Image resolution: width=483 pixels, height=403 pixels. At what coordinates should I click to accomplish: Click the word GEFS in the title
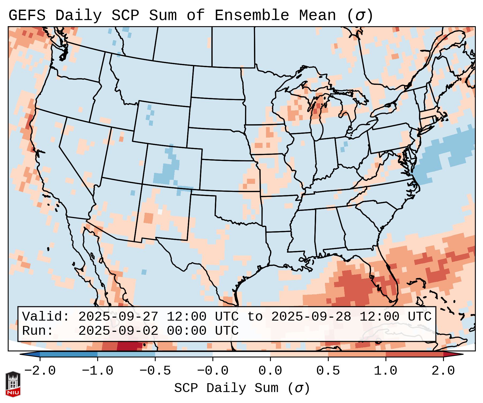27,15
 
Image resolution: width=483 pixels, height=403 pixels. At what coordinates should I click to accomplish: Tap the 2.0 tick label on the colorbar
443,371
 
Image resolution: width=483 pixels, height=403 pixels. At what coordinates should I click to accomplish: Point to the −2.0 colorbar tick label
40,371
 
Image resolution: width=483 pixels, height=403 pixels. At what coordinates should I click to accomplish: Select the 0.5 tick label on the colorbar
328,371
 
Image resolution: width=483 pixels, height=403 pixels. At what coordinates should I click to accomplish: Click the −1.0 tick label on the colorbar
98,371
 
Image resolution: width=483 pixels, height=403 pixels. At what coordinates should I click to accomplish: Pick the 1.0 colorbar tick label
385,371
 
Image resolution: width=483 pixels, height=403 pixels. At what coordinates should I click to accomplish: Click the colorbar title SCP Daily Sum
226,388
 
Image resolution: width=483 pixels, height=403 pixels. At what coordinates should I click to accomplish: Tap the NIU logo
13,384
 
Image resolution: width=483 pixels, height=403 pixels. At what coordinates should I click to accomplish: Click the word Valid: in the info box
46,317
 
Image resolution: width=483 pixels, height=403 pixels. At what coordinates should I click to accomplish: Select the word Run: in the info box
38,331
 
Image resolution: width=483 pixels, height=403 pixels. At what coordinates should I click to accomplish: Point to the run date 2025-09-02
118,331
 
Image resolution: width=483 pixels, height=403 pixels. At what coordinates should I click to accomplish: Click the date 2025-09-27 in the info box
118,317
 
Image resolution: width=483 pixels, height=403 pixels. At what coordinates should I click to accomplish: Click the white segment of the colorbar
241,354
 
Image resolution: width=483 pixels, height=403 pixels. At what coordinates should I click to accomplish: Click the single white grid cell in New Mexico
160,212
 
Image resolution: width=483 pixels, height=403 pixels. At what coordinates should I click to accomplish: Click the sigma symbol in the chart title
360,16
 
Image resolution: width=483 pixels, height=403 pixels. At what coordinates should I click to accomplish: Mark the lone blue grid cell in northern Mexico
144,272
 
